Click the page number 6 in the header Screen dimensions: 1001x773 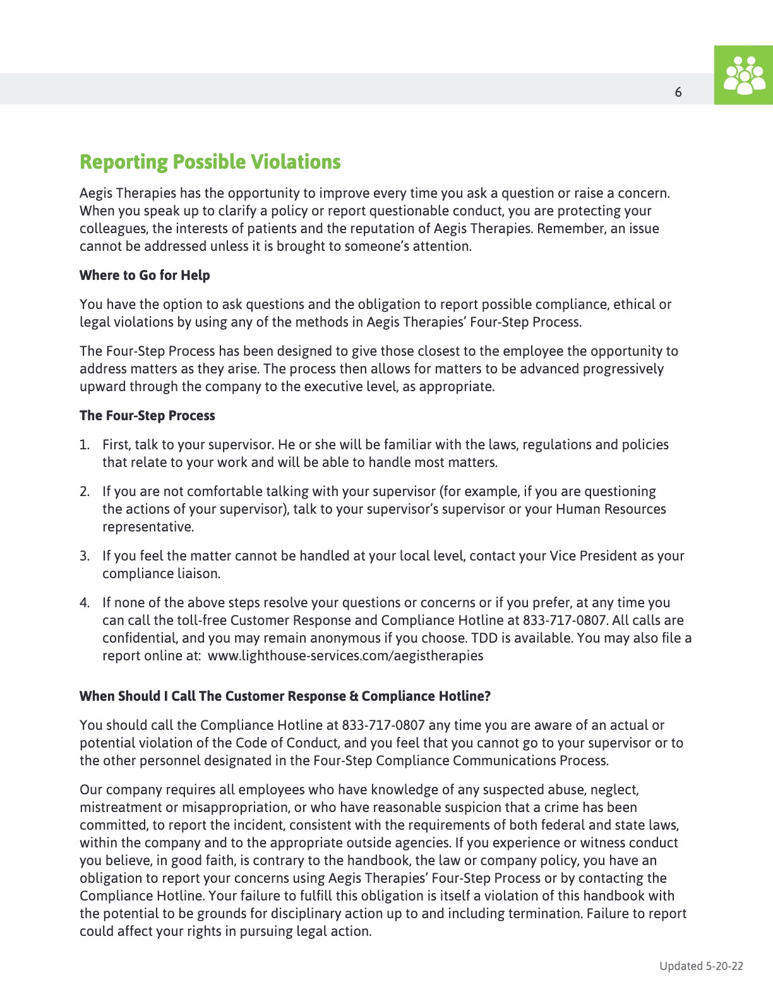pos(678,92)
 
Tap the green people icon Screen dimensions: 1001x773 pos(744,75)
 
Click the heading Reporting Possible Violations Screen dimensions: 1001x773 pos(210,162)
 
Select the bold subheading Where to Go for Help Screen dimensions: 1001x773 pos(145,276)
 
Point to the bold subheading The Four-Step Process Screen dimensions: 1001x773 pos(147,416)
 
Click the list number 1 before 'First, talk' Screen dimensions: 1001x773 pos(84,445)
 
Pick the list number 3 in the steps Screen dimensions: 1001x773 pos(84,556)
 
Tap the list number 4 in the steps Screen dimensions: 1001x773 pos(84,603)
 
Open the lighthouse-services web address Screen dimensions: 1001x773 pos(345,656)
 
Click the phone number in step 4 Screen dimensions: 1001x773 pos(565,621)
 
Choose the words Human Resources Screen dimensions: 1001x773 pos(611,509)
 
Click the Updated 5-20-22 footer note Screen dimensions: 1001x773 pos(701,966)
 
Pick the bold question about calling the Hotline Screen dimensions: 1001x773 pos(285,696)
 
